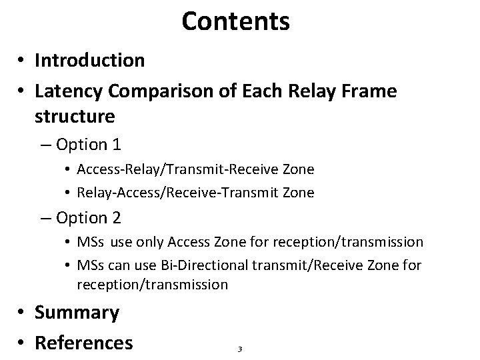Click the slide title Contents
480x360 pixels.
click(x=235, y=21)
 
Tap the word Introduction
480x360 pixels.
click(x=89, y=61)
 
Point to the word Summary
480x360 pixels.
click(x=77, y=313)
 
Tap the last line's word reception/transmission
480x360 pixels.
click(x=153, y=285)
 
